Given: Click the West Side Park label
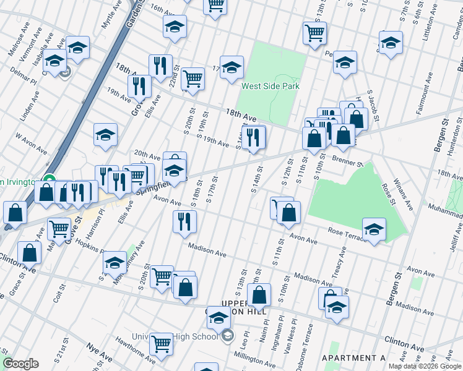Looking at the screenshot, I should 270,86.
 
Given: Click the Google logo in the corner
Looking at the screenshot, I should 20,364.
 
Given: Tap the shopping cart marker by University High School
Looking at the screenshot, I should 161,343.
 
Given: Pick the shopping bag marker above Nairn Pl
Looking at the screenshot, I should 260,295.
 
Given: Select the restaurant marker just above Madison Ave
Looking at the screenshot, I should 184,221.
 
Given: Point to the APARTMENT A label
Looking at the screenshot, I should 353,358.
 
